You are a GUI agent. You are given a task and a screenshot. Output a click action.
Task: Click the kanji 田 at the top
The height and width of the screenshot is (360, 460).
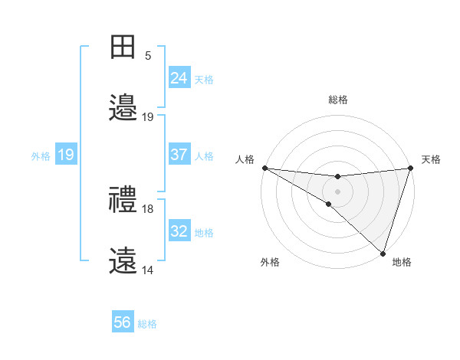(123, 47)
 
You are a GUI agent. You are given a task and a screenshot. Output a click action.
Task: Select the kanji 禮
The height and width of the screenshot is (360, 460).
(123, 201)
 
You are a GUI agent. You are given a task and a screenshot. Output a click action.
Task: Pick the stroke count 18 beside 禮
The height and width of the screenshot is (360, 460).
(149, 209)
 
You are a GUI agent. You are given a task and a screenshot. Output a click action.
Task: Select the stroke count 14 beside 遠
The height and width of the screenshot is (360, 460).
(149, 270)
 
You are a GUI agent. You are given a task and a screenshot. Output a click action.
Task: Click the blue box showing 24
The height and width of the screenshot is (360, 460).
(179, 78)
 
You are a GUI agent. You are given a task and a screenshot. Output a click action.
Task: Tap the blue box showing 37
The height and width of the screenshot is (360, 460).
(179, 155)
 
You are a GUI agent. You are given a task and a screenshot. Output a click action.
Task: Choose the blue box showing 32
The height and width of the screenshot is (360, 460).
(179, 231)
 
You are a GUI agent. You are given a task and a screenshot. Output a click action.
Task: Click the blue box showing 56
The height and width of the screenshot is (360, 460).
(123, 323)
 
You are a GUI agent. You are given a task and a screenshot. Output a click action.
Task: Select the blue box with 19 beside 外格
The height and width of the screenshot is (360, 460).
(66, 155)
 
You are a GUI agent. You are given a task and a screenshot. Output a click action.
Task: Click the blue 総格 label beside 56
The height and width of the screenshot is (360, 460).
(148, 324)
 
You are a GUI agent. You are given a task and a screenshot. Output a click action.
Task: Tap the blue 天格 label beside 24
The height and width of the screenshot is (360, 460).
(204, 79)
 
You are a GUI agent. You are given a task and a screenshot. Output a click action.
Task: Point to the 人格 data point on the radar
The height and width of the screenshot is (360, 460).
(264, 168)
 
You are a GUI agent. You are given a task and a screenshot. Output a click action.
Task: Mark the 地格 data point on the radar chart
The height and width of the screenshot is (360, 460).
(383, 253)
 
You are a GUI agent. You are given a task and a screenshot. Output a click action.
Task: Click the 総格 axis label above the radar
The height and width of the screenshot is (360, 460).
(337, 100)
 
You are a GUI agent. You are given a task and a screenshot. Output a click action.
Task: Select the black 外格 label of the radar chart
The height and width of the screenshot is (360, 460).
(270, 263)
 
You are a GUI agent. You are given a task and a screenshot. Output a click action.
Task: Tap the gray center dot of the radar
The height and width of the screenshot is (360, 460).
(337, 191)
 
